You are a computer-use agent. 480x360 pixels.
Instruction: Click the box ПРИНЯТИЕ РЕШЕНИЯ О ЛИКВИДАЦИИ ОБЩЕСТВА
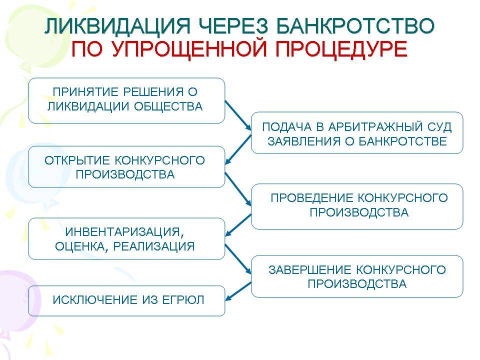pyautogui.click(x=126, y=100)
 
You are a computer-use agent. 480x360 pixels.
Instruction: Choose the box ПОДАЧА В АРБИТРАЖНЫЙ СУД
pyautogui.click(x=357, y=132)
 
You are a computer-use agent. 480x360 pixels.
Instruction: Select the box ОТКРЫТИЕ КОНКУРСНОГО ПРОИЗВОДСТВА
pyautogui.click(x=126, y=167)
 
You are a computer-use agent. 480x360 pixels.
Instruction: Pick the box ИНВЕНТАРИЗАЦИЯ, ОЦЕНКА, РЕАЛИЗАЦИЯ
pyautogui.click(x=126, y=239)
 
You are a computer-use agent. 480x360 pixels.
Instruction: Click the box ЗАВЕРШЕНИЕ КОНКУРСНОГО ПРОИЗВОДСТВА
pyautogui.click(x=357, y=276)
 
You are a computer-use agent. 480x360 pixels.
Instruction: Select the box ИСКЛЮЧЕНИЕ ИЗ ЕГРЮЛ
pyautogui.click(x=126, y=300)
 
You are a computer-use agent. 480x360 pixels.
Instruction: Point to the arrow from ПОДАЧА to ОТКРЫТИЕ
pyautogui.click(x=238, y=149)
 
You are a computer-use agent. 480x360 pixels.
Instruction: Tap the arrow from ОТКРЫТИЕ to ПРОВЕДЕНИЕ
pyautogui.click(x=238, y=189)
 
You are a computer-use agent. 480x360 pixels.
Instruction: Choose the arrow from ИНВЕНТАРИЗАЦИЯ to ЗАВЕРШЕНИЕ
pyautogui.click(x=238, y=258)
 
